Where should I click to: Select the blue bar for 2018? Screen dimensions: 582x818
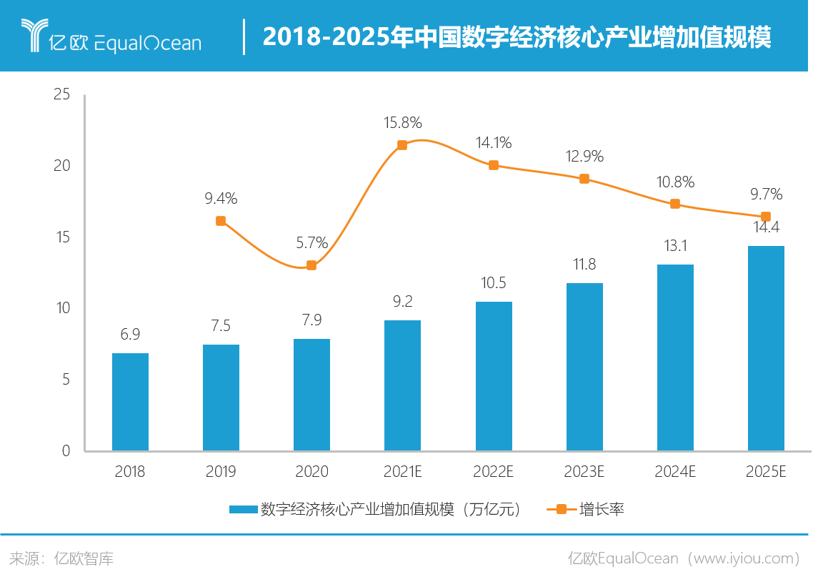(x=130, y=402)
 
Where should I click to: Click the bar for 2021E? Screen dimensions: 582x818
(x=402, y=385)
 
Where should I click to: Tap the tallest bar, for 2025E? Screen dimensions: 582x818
(x=766, y=348)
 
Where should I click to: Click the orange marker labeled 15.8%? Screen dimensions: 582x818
(x=402, y=145)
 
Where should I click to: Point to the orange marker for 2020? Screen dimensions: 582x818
(x=311, y=265)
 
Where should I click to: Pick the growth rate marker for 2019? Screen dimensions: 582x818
(x=221, y=221)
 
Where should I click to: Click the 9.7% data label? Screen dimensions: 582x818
(x=766, y=194)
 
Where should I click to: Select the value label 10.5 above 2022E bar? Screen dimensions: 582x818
(x=493, y=283)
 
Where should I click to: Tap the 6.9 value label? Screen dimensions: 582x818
(x=130, y=335)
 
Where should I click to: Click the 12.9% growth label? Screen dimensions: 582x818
(x=584, y=156)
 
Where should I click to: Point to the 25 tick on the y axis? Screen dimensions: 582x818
(x=62, y=94)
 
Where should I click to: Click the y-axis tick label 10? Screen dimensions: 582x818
(x=62, y=308)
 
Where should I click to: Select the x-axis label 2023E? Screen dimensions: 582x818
(x=584, y=472)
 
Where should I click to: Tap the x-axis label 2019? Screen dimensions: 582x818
(x=221, y=472)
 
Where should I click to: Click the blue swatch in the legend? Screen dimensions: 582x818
(x=243, y=510)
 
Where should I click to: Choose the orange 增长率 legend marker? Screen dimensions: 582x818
(x=561, y=510)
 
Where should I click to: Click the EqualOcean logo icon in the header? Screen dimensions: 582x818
(x=33, y=35)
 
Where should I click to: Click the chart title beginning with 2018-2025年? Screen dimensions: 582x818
(x=517, y=36)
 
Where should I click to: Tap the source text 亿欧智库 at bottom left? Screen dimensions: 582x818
(x=84, y=558)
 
